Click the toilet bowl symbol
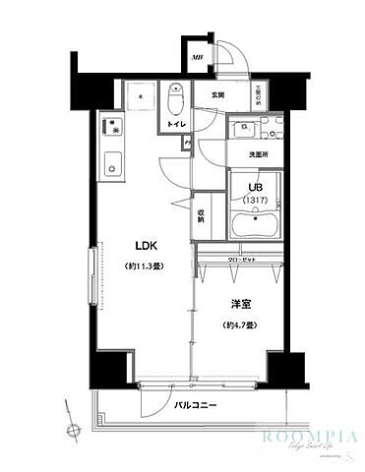[177, 99]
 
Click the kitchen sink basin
[111, 162]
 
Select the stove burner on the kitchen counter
[111, 128]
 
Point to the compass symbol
[72, 430]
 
